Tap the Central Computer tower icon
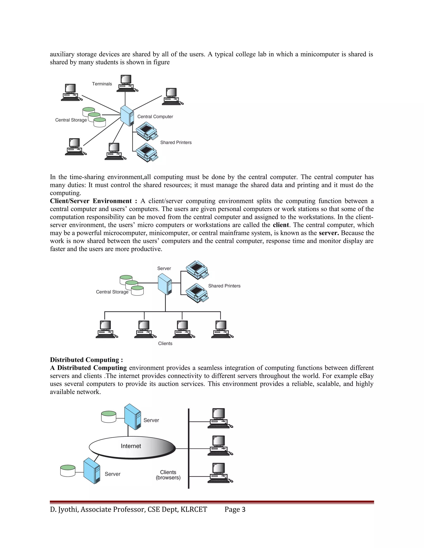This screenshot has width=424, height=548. coord(127,116)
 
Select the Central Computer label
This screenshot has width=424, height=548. coord(155,117)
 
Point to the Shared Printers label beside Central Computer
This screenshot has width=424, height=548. coord(176,142)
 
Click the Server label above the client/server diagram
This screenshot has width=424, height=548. coord(164,268)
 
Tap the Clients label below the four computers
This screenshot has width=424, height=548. coord(165,343)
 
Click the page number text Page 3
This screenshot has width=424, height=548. coord(235,509)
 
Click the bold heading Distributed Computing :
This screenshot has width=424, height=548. coord(86,360)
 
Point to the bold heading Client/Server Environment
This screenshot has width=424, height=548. coord(91,201)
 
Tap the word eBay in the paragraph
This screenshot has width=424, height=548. coord(365,376)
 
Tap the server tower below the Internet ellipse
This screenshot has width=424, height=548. coord(92,471)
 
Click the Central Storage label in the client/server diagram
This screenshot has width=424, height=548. coord(112,292)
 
